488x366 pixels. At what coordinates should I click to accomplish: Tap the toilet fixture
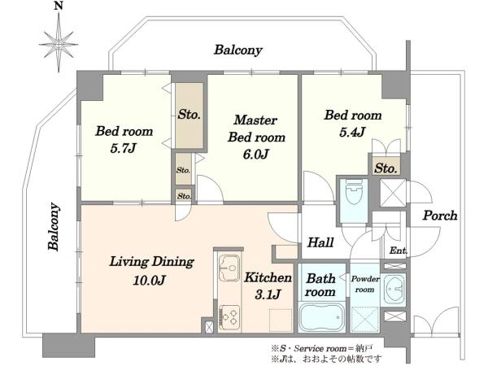[x=354, y=191]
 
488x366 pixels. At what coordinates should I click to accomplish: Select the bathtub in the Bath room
[x=321, y=316]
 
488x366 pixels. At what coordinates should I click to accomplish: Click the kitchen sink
[x=229, y=268]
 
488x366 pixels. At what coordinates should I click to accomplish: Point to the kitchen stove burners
[x=229, y=317]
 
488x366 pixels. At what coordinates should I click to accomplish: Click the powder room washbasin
[x=394, y=289]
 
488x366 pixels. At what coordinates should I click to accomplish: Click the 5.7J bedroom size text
[x=123, y=149]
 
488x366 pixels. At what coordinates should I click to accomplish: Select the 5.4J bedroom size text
[x=352, y=133]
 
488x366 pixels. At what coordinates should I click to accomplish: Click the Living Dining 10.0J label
[x=151, y=271]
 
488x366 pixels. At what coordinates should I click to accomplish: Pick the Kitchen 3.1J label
[x=268, y=285]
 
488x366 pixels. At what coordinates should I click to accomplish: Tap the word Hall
[x=320, y=242]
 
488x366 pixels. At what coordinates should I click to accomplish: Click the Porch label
[x=440, y=216]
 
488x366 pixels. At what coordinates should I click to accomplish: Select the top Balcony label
[x=237, y=50]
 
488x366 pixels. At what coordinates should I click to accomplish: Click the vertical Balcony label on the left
[x=54, y=226]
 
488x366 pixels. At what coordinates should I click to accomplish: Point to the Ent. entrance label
[x=398, y=251]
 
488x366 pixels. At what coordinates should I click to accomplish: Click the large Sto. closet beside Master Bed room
[x=190, y=115]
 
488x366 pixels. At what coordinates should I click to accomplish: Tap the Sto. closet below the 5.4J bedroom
[x=386, y=168]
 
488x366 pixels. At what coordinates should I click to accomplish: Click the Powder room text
[x=365, y=284]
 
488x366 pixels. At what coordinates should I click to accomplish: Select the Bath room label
[x=320, y=285]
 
